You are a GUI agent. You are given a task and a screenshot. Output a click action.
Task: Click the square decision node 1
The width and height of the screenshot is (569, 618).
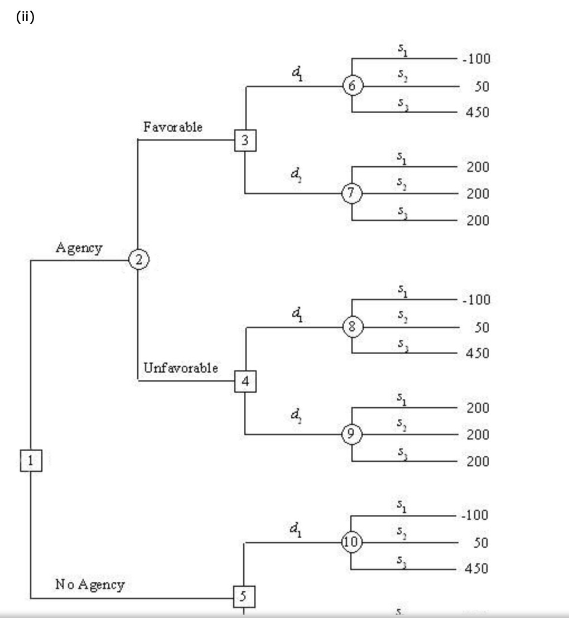coord(31,461)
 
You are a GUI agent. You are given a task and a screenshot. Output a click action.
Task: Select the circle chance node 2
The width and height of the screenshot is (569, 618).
coord(138,259)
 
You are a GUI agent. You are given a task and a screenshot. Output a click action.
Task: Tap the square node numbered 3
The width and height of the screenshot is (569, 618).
coord(245,140)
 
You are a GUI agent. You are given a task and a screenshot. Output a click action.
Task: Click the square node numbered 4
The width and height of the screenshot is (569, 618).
coord(245,382)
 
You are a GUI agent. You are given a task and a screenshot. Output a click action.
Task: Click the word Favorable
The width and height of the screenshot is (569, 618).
coord(172,127)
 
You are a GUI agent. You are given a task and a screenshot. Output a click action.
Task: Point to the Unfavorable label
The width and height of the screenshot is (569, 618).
coord(180,368)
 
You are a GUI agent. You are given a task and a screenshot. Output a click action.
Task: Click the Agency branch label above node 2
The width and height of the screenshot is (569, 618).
coord(79,248)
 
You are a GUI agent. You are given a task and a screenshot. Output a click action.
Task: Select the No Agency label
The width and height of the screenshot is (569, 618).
coord(89,585)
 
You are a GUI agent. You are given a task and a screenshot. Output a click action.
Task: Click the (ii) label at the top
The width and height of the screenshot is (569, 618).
coord(26,17)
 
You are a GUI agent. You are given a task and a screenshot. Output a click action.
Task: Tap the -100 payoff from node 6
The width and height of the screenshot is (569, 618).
coord(476,59)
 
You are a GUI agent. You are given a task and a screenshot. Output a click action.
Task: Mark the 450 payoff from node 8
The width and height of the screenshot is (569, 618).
coord(478,353)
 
